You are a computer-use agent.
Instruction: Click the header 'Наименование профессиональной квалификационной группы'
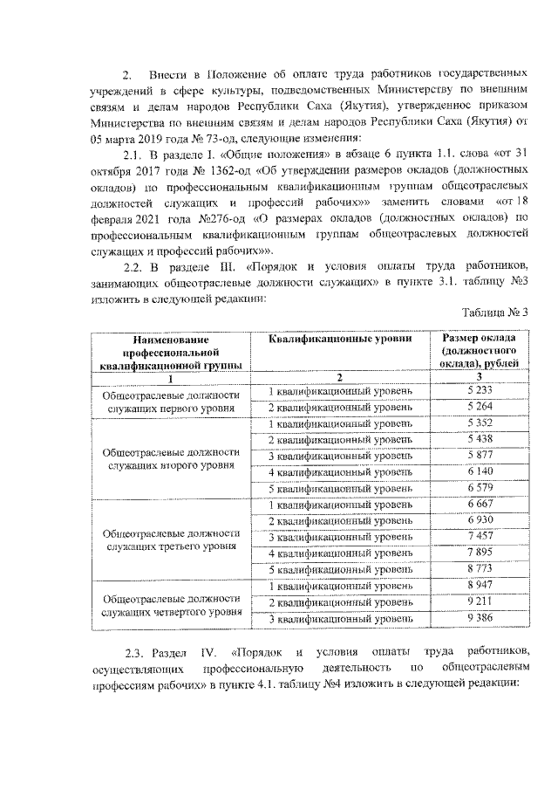click(171, 351)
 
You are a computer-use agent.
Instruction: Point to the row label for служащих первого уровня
click(171, 399)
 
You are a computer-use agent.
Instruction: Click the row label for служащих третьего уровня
click(171, 539)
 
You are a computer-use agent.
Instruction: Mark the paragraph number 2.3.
click(138, 652)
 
